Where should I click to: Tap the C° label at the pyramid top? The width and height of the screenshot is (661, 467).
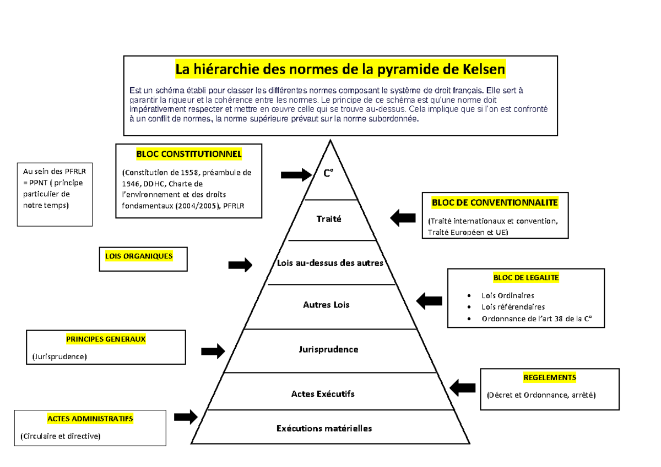pyautogui.click(x=328, y=174)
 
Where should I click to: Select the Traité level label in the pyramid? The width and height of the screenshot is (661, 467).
pyautogui.click(x=329, y=219)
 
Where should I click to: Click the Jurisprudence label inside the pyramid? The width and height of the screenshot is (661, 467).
pyautogui.click(x=328, y=349)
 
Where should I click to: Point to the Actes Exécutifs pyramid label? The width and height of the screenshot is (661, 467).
pyautogui.click(x=323, y=394)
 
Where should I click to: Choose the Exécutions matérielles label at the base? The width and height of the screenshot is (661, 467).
pyautogui.click(x=324, y=428)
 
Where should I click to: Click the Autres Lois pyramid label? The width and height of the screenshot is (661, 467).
pyautogui.click(x=326, y=305)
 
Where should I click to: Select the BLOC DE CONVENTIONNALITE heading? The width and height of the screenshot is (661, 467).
pyautogui.click(x=495, y=202)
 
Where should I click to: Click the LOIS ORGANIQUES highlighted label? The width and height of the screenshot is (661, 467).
pyautogui.click(x=139, y=256)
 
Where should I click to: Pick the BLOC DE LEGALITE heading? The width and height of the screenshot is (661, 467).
pyautogui.click(x=526, y=278)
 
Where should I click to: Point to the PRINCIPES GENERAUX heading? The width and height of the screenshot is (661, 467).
pyautogui.click(x=106, y=339)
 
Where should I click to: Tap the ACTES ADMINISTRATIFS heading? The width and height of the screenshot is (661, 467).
pyautogui.click(x=90, y=419)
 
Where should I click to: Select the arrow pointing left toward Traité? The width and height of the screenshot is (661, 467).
pyautogui.click(x=403, y=218)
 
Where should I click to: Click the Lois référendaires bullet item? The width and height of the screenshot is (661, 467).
pyautogui.click(x=513, y=307)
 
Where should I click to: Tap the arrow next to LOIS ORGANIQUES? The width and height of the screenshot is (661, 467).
pyautogui.click(x=240, y=265)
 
